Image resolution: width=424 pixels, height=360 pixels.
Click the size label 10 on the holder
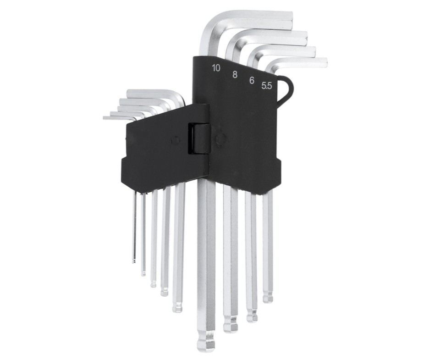(216, 68)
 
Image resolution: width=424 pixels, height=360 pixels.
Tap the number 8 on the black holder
(235, 75)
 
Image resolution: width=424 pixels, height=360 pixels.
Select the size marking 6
(252, 80)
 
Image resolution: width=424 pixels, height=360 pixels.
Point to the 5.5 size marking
(267, 86)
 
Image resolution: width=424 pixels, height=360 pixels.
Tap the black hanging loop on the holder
(286, 89)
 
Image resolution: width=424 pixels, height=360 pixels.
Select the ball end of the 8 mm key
(231, 326)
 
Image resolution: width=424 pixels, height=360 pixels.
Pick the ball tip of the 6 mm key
(252, 316)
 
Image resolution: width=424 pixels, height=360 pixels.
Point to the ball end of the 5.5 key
(268, 297)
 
